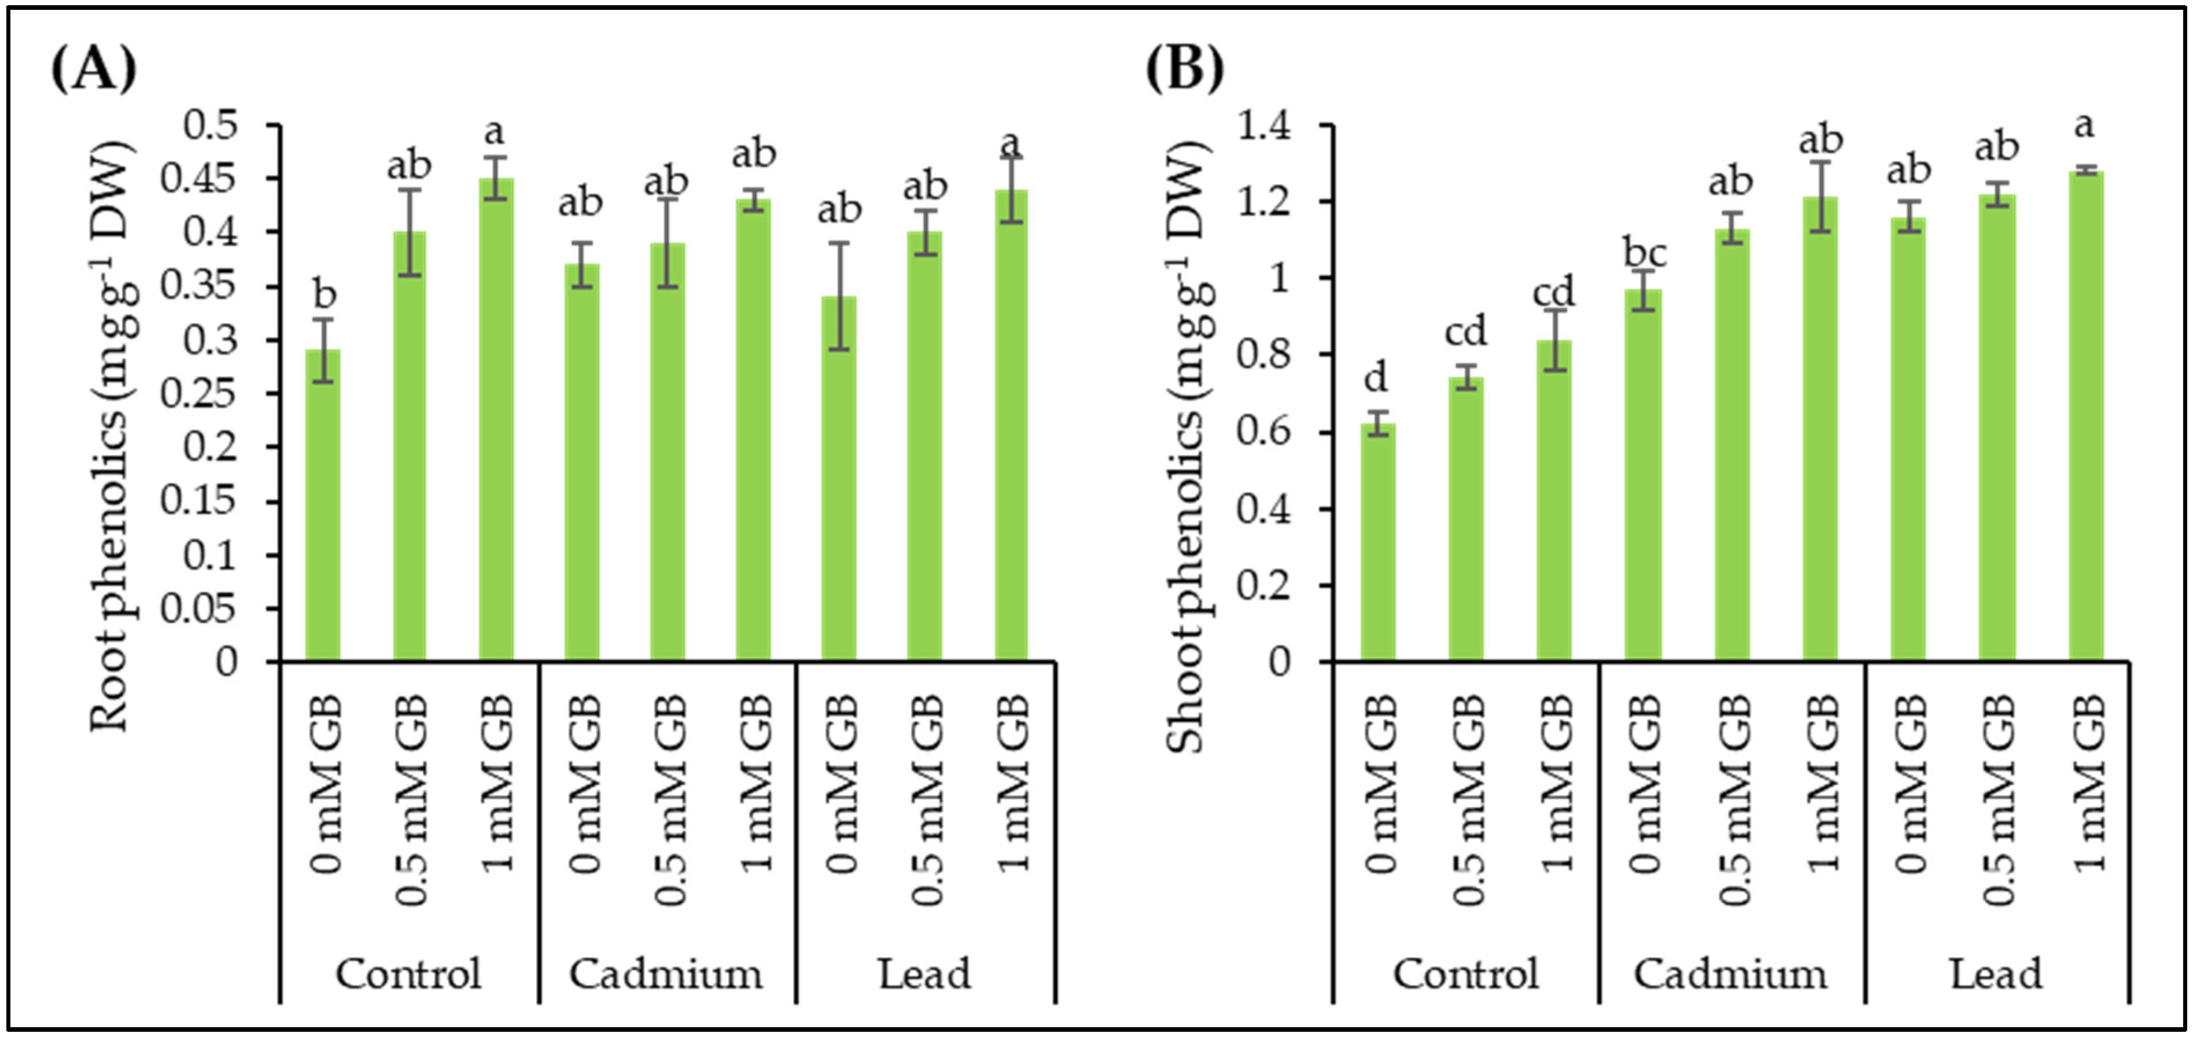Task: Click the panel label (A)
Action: pos(94,70)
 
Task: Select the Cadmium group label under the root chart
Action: pos(666,974)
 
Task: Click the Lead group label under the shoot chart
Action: pos(1996,974)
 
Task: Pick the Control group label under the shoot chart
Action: pos(1465,974)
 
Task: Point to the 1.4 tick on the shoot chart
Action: pos(1263,126)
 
